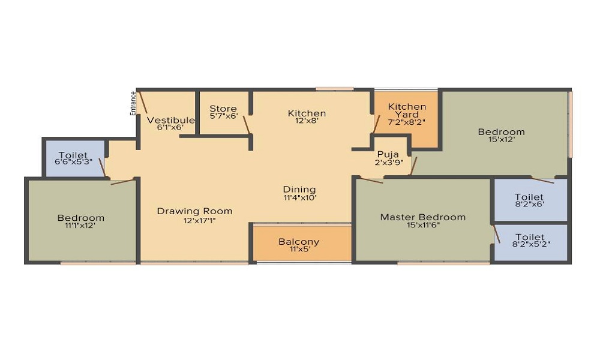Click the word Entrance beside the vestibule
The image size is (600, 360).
[x=133, y=103]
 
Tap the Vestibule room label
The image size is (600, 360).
[x=170, y=120]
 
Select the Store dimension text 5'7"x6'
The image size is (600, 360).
[x=224, y=116]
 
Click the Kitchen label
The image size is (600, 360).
[x=307, y=113]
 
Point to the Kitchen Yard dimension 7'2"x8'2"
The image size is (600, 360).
[x=407, y=122]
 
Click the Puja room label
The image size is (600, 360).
[x=388, y=154]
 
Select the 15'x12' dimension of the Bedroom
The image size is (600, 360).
[x=501, y=140]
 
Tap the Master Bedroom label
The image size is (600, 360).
[x=423, y=217]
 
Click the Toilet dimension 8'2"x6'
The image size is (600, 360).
[x=530, y=204]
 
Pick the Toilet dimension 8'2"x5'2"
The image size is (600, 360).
[x=531, y=244]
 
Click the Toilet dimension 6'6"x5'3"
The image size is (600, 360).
[x=73, y=161]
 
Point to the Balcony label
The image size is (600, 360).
[x=299, y=242]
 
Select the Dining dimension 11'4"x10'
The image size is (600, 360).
[x=299, y=198]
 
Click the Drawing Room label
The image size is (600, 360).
[x=195, y=211]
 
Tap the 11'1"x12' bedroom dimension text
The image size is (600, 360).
[x=80, y=226]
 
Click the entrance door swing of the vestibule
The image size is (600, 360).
[x=142, y=101]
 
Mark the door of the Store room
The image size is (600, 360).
[x=246, y=125]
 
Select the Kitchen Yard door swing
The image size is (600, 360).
[x=377, y=124]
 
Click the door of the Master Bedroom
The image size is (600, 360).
[x=371, y=181]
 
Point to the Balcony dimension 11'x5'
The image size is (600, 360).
[x=299, y=250]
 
